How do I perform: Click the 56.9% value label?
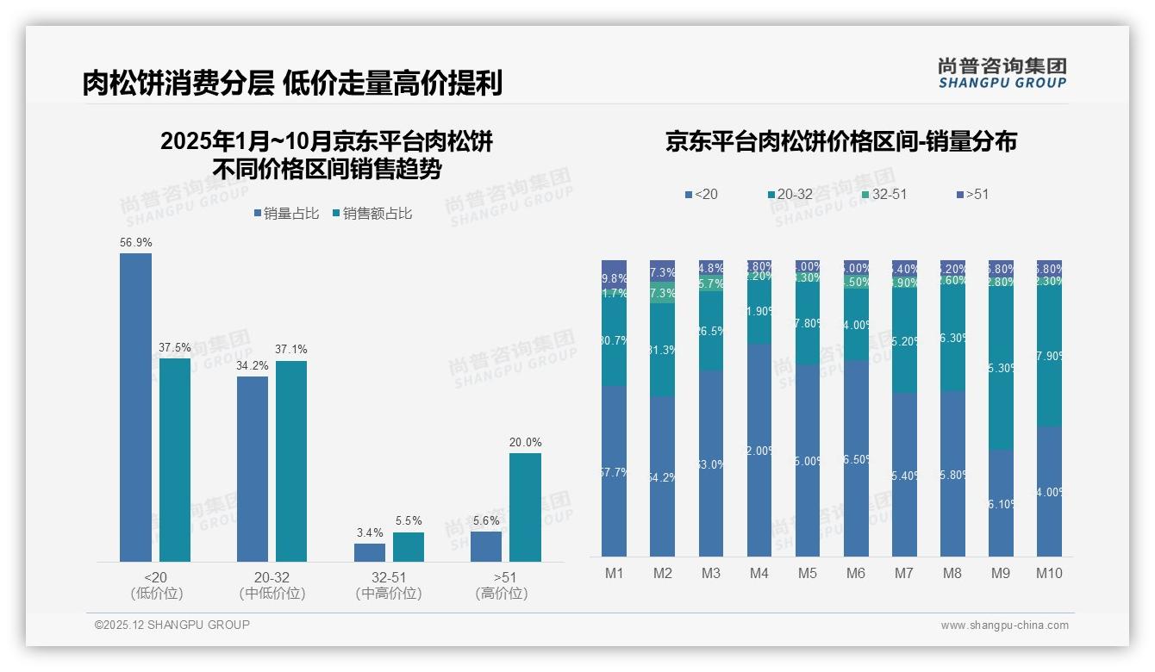(x=135, y=243)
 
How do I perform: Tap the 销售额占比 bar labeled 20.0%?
(x=525, y=507)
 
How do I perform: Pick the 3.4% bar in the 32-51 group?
(x=370, y=552)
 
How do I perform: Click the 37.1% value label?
(x=291, y=350)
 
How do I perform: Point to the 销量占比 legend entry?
(x=286, y=214)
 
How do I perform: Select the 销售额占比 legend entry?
(x=371, y=214)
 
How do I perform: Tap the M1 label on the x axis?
(x=614, y=574)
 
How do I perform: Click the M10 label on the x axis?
(x=1049, y=574)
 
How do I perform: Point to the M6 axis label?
(x=856, y=574)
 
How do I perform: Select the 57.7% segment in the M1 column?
(x=614, y=471)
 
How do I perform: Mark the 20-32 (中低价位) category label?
(x=272, y=585)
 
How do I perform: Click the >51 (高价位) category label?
(x=501, y=585)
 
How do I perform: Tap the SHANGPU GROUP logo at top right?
(x=1002, y=73)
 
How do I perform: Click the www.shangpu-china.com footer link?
(x=1004, y=625)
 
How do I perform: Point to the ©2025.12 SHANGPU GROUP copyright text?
(x=172, y=625)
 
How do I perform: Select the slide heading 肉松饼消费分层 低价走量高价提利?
(x=292, y=84)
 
